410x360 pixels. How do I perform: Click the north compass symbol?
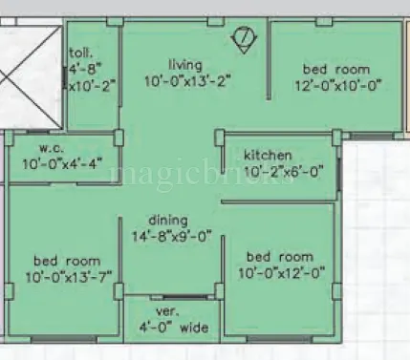245,39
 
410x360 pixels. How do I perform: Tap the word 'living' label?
185,65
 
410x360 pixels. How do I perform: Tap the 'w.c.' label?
51,148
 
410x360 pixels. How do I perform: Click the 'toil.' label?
81,54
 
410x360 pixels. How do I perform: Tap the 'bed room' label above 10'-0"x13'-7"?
67,260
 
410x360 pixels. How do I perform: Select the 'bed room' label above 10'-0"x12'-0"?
279,257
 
